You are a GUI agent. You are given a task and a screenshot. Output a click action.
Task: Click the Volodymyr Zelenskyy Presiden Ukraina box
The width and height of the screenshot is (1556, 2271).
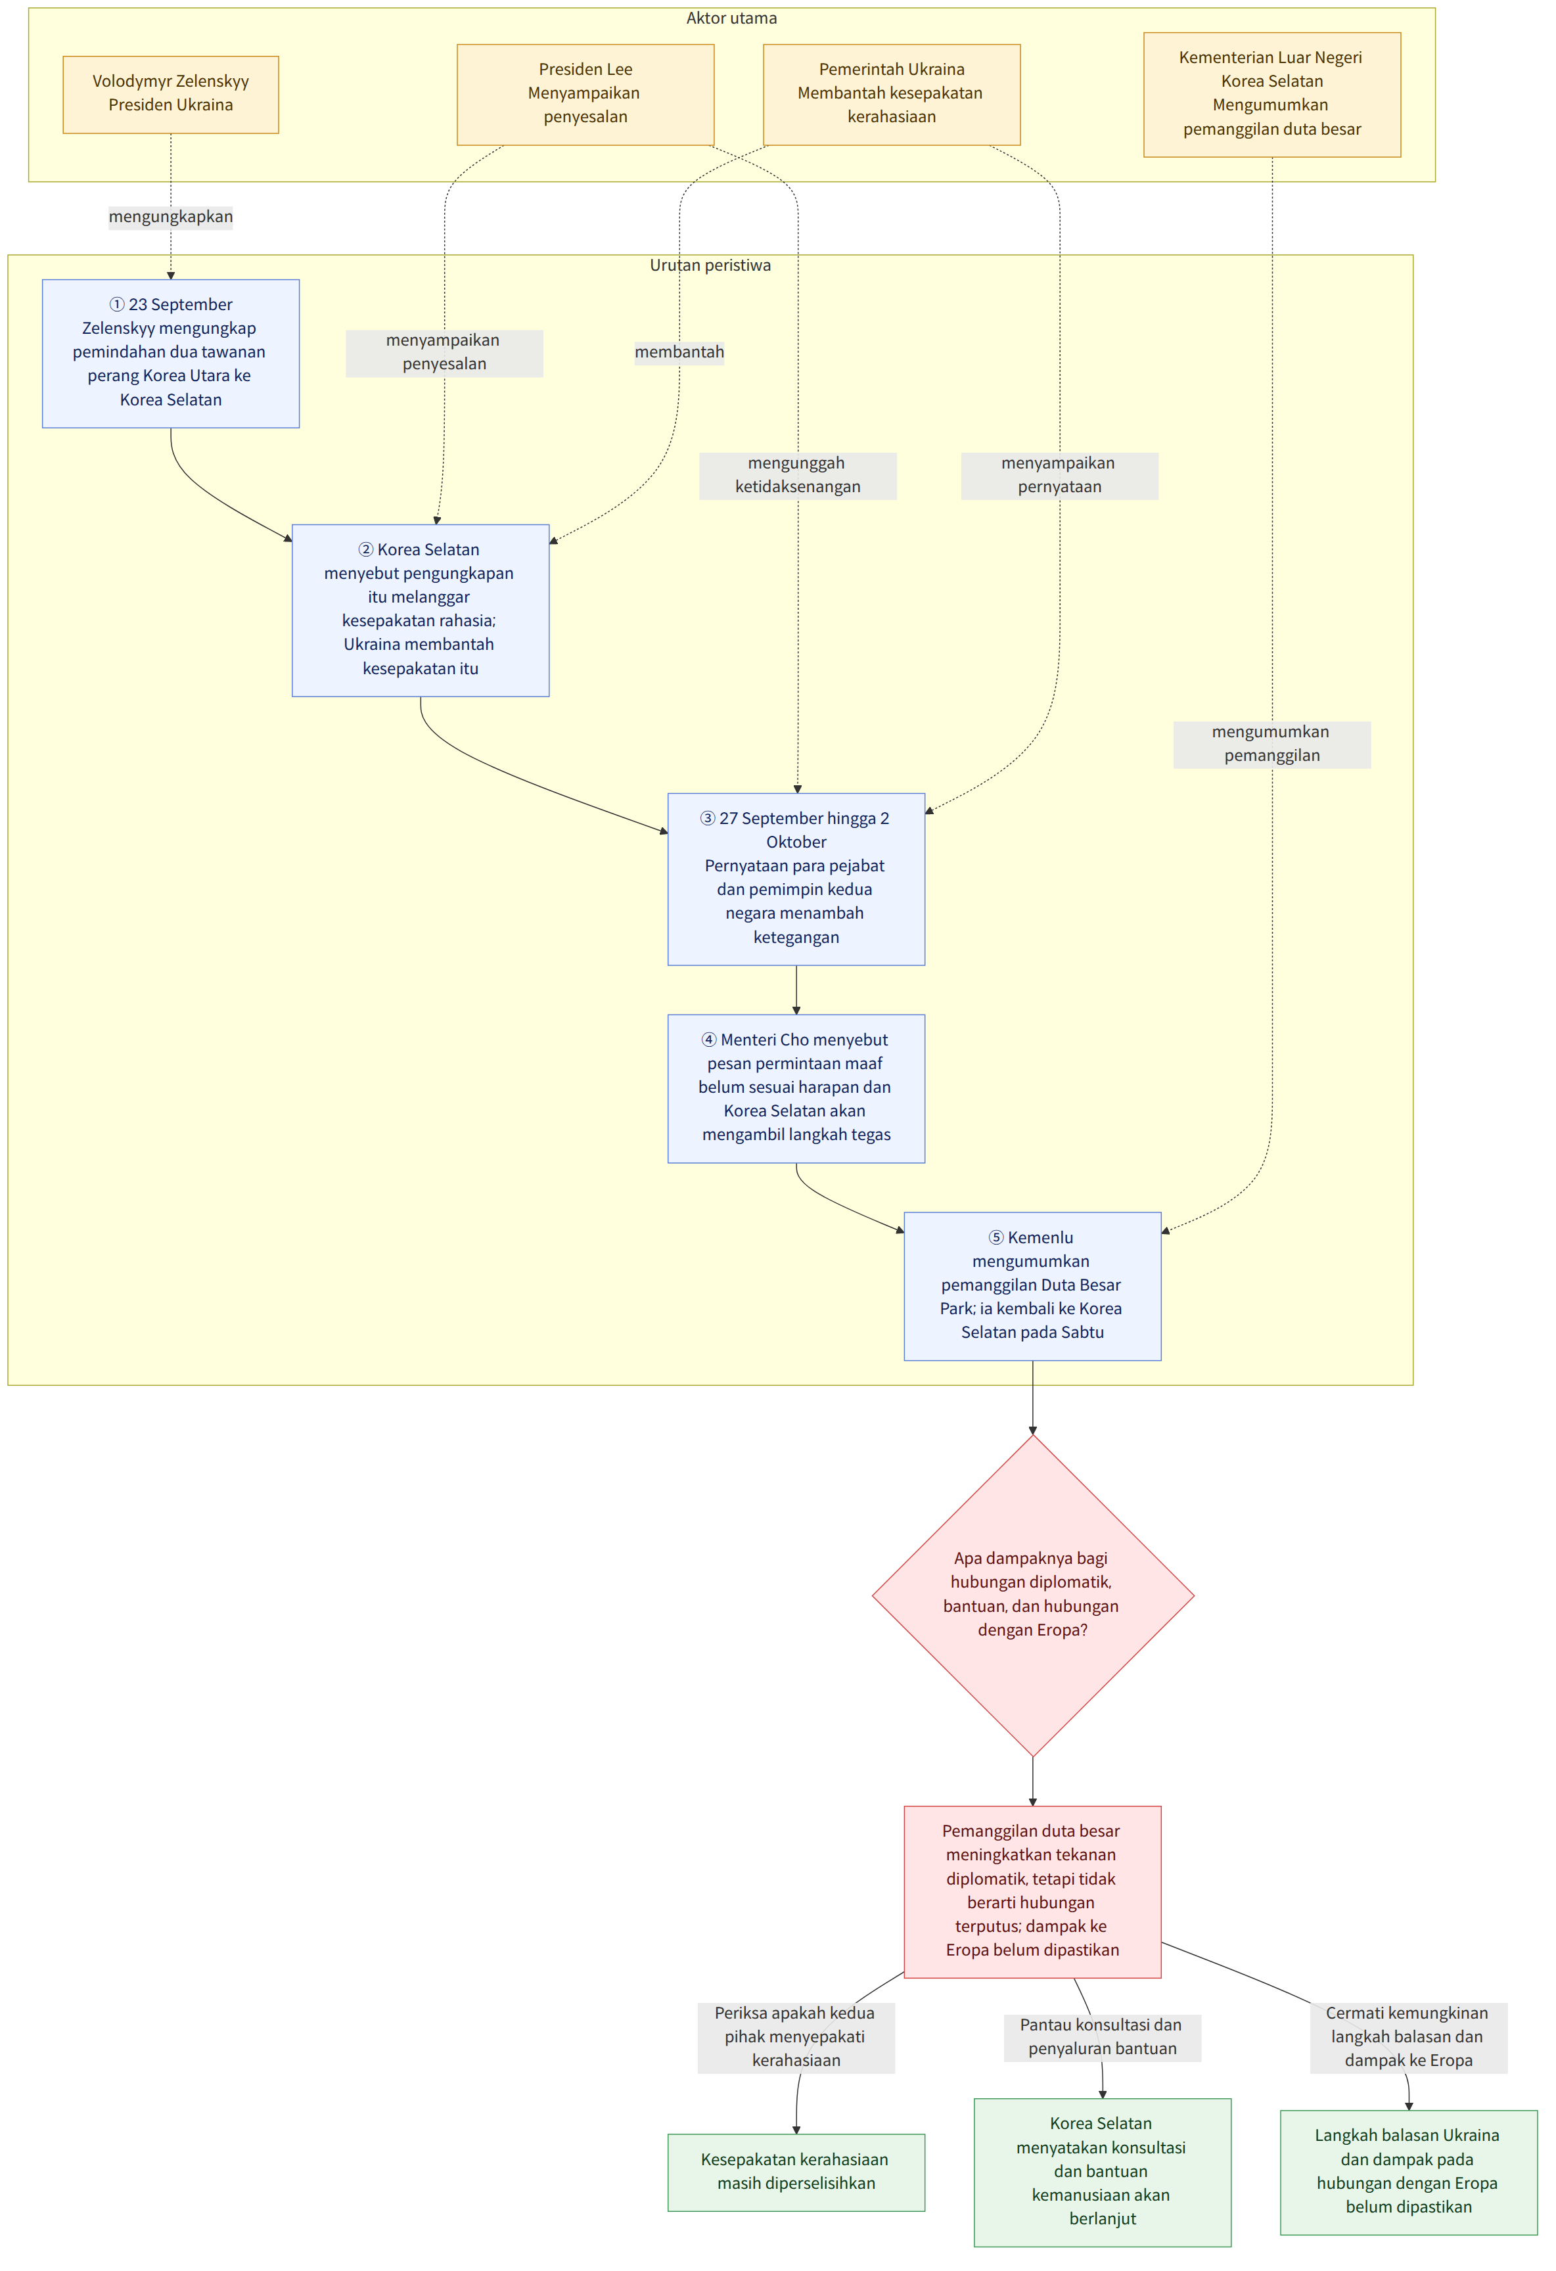click(171, 94)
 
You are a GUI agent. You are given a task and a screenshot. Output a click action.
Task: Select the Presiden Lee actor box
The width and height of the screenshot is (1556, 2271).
click(585, 94)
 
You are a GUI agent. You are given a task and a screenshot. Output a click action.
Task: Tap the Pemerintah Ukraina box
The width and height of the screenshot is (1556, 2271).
click(892, 94)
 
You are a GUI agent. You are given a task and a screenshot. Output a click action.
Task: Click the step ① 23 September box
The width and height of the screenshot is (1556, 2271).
click(171, 353)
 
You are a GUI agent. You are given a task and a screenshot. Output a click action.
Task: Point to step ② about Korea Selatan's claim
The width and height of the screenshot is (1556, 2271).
click(421, 610)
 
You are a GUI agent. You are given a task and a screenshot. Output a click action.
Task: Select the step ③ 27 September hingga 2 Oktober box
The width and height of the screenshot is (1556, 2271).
click(796, 879)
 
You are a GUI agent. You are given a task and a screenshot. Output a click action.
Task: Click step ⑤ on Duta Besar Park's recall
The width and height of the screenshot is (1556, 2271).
click(1032, 1286)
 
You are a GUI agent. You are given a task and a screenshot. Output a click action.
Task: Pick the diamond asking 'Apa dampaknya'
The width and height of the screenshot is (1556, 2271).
click(1032, 1595)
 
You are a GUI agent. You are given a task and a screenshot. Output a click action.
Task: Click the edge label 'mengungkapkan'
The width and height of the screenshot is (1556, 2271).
click(171, 217)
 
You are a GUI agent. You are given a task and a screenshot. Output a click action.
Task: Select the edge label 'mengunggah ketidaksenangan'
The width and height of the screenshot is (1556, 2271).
click(798, 475)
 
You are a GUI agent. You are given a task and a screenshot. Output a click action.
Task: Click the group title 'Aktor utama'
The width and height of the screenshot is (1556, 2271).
click(731, 18)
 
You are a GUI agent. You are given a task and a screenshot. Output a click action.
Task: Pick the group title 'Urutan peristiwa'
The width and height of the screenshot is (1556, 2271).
click(710, 265)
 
